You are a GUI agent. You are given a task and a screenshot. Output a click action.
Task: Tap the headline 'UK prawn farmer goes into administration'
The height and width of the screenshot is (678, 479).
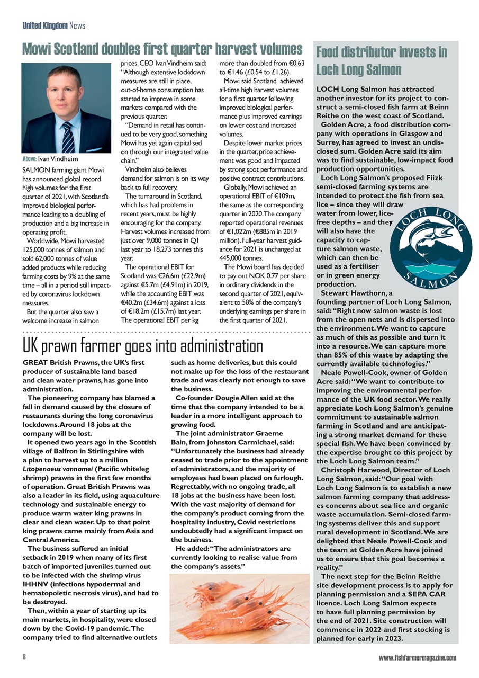(142, 346)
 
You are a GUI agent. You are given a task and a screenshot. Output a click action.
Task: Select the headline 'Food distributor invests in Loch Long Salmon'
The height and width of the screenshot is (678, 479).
(381, 60)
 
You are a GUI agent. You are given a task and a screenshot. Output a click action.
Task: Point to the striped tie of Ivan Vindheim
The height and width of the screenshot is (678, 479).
(68, 137)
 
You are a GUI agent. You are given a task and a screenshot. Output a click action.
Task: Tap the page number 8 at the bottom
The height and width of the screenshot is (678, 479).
(24, 657)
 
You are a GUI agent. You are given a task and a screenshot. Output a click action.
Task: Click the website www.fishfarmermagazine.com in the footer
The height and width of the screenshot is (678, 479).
(417, 658)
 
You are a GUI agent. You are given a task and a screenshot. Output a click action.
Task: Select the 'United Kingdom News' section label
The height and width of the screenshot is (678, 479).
(54, 25)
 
